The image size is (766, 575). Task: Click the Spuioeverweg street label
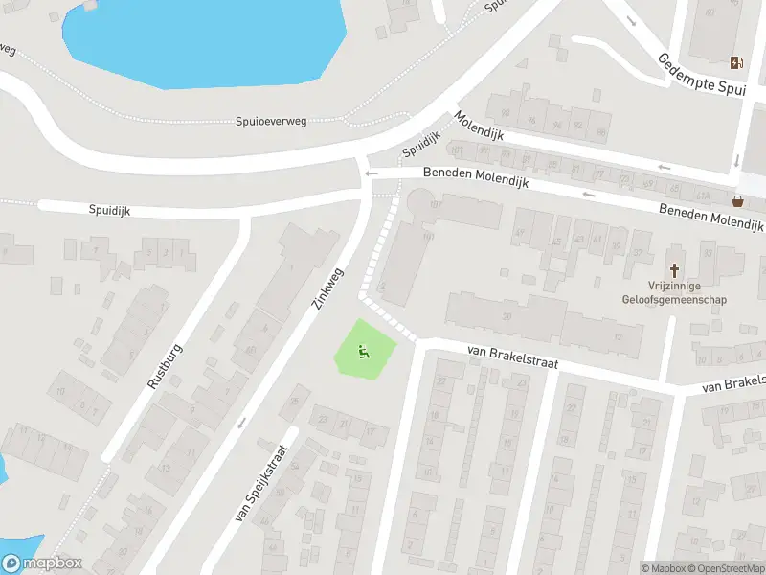pos(272,121)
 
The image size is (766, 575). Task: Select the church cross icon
pos(675,271)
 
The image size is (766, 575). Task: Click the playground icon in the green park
pos(364,352)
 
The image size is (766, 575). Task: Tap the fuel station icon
pos(735,62)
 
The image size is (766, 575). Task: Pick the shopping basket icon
pos(738,201)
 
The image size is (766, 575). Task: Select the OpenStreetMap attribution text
pos(728,568)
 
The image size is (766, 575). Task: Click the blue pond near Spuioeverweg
pos(201,38)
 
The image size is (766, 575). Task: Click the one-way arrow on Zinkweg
pos(240,421)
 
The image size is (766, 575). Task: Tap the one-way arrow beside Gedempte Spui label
pos(631,20)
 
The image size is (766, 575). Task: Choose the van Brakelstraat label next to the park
pos(512,358)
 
